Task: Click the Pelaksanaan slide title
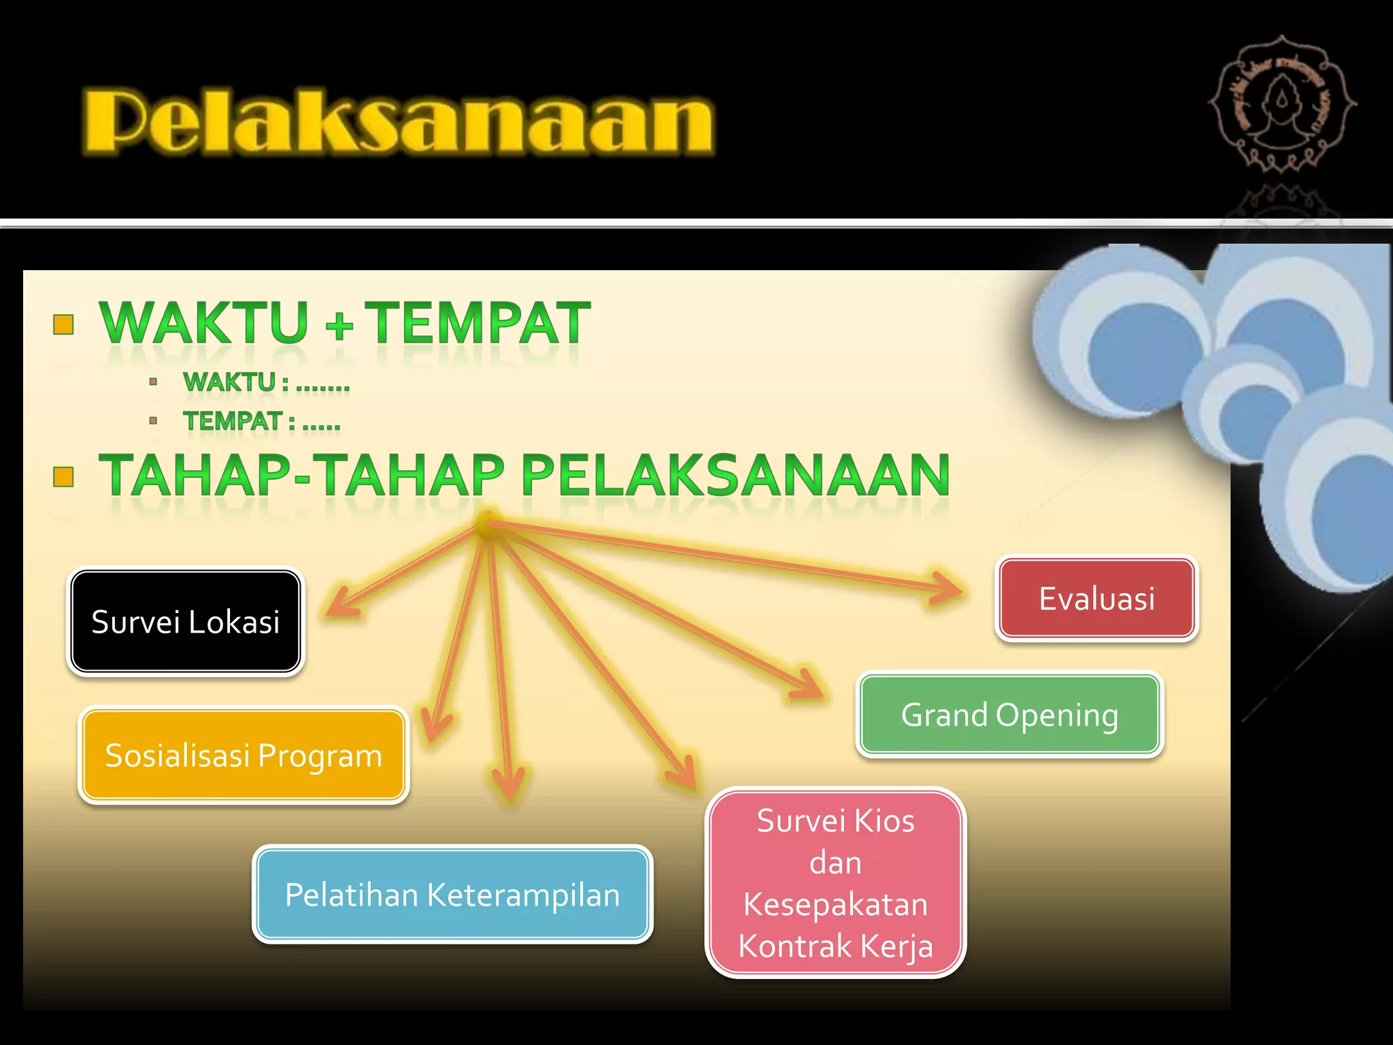pos(398,122)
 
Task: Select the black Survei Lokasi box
pos(185,622)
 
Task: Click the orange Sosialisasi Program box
pos(244,755)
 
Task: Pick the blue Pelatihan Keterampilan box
pos(452,894)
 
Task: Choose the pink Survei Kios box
pos(835,883)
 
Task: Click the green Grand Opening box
pos(1009,714)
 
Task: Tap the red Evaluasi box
pos(1096,599)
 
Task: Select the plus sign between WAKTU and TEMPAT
pos(339,327)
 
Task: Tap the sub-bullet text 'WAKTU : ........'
pos(266,383)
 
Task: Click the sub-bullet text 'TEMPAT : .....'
pos(261,422)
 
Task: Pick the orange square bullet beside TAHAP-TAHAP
pos(63,477)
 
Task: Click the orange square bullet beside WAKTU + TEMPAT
pos(63,325)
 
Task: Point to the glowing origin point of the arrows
pos(486,522)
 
